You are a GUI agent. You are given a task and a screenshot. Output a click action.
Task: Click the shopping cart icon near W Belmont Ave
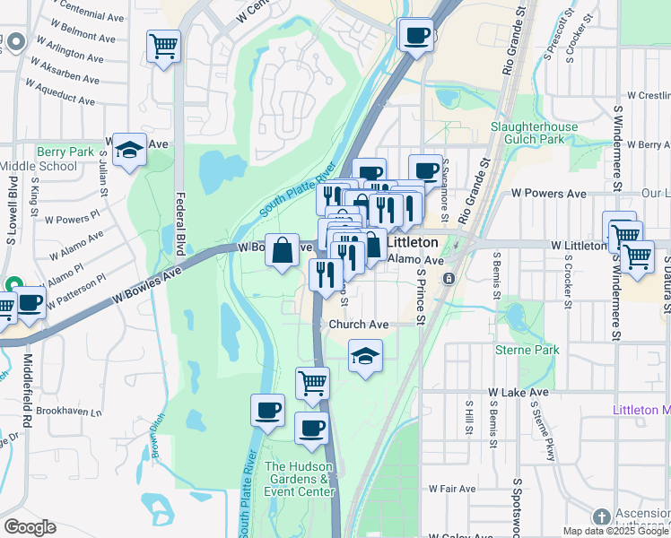tap(163, 45)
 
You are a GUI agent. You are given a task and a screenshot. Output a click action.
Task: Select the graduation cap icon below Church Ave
tap(365, 356)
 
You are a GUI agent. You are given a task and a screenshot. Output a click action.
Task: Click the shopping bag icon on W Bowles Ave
tap(282, 251)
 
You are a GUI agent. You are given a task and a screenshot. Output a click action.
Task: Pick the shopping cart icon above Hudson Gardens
tap(312, 383)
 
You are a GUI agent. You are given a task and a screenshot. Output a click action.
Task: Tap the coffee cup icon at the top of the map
tap(414, 36)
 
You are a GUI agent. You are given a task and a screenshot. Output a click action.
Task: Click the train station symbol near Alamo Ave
tap(447, 279)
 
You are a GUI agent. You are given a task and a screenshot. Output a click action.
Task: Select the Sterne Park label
tap(527, 350)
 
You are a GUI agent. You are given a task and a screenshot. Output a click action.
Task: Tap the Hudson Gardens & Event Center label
tap(299, 479)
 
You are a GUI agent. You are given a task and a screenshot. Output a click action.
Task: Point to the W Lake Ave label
tap(518, 393)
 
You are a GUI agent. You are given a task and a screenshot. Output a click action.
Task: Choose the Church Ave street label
tap(358, 324)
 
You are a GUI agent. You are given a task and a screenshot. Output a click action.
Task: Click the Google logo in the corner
tap(30, 527)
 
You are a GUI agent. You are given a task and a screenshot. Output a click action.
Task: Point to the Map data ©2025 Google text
tap(615, 531)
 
